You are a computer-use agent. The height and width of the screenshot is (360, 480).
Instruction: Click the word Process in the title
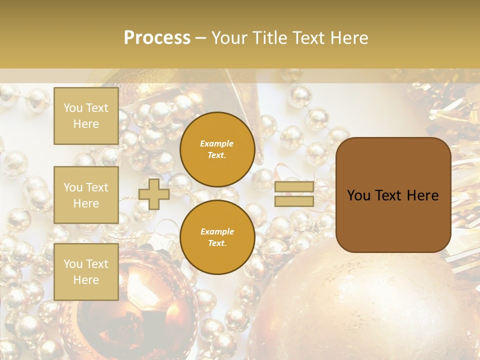(157, 38)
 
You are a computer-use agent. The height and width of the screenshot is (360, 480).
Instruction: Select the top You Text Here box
(86, 116)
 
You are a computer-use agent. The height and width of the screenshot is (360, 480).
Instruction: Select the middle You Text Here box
(86, 195)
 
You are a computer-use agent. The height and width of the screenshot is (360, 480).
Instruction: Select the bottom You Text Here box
(86, 271)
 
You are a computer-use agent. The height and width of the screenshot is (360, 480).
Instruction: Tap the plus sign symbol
(154, 194)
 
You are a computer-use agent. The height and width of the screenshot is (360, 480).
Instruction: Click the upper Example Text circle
(217, 149)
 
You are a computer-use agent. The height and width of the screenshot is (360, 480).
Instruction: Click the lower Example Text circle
(217, 237)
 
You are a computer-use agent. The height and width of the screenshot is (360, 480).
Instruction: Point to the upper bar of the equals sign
(294, 187)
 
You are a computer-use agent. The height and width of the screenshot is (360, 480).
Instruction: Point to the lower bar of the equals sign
(294, 201)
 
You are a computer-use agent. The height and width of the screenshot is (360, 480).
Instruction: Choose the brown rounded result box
(393, 220)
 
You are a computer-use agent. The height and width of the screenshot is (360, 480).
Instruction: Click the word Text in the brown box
(393, 195)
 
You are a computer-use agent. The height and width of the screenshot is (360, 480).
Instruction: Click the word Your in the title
(232, 38)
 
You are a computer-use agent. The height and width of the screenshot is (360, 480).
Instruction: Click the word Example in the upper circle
(217, 143)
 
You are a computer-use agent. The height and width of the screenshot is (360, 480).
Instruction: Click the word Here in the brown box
(422, 195)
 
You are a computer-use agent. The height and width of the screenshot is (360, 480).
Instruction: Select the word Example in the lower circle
(217, 231)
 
